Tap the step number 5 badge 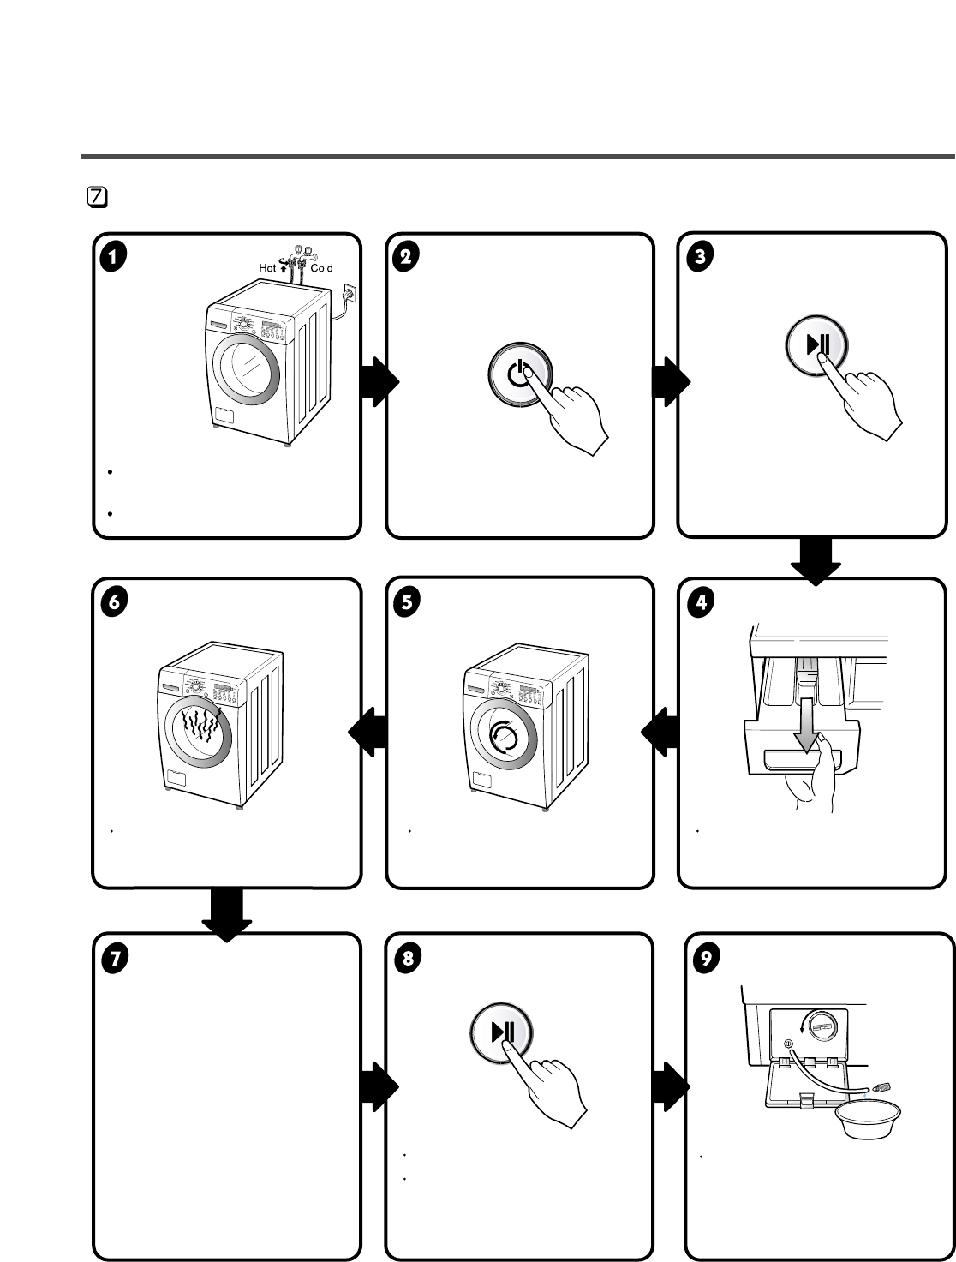(x=407, y=601)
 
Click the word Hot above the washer (x=267, y=268)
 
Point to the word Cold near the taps (x=322, y=268)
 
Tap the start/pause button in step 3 (x=816, y=345)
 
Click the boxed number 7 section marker (x=98, y=197)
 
